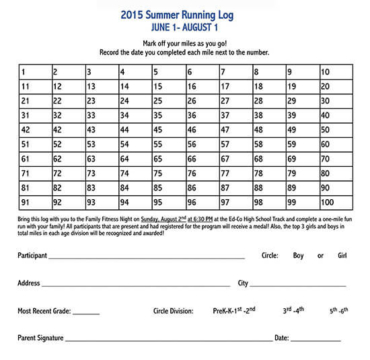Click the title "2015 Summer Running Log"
pyautogui.click(x=185, y=15)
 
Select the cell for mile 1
pyautogui.click(x=33, y=72)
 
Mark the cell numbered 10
pyautogui.click(x=335, y=72)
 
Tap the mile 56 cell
pyautogui.click(x=201, y=144)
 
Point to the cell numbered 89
pyautogui.click(x=302, y=187)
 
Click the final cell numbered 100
pyautogui.click(x=335, y=201)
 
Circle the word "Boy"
pyautogui.click(x=297, y=256)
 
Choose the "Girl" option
pyautogui.click(x=343, y=256)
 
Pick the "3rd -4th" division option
pyautogui.click(x=285, y=310)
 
